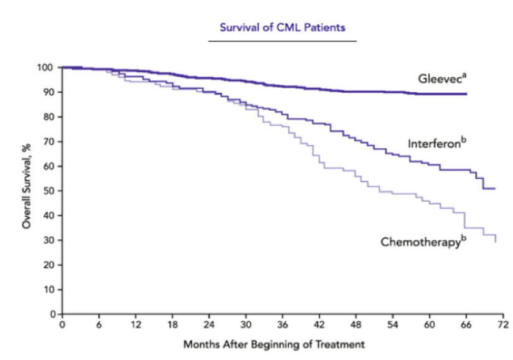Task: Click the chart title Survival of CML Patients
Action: coord(282,27)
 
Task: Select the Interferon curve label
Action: coord(436,143)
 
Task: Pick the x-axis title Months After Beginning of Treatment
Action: coord(274,344)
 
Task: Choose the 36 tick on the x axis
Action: coord(282,324)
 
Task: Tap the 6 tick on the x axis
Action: coord(99,324)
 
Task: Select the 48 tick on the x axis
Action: coord(356,324)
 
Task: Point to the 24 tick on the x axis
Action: coord(209,324)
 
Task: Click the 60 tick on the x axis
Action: coord(430,324)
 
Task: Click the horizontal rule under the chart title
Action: coord(282,40)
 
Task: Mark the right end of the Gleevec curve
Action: coord(466,94)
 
